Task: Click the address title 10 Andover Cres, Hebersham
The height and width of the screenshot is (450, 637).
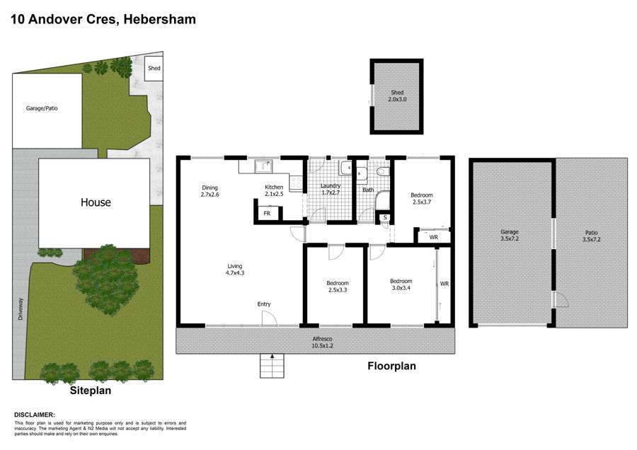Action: tap(103, 19)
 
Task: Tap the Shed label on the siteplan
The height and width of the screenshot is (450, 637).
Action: tap(154, 68)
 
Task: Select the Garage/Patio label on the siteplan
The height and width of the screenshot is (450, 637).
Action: tap(42, 108)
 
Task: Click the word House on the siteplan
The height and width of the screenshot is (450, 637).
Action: tap(96, 202)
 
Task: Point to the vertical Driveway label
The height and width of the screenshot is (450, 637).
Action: tap(21, 309)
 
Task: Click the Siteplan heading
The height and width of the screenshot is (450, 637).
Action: tap(90, 391)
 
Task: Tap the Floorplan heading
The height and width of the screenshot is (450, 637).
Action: tap(391, 366)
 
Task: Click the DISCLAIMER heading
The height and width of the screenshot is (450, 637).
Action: tap(35, 415)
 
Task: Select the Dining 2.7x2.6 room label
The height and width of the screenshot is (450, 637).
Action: tap(210, 191)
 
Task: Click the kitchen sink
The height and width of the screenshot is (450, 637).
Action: tap(264, 166)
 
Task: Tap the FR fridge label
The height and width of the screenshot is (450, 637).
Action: tap(267, 213)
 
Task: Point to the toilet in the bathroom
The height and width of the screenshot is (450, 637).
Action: tap(383, 171)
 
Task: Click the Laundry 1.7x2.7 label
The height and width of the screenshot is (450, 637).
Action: tap(331, 189)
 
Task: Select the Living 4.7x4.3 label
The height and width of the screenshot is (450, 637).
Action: tap(235, 270)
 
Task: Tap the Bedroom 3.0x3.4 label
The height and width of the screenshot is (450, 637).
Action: tap(401, 284)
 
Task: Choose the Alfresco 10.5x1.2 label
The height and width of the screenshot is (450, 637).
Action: tap(323, 342)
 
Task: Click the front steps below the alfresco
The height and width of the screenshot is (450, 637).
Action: tap(272, 366)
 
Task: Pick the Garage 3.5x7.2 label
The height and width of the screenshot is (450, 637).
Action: tap(510, 236)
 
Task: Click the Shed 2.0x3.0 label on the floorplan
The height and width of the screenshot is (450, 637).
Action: tap(397, 96)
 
